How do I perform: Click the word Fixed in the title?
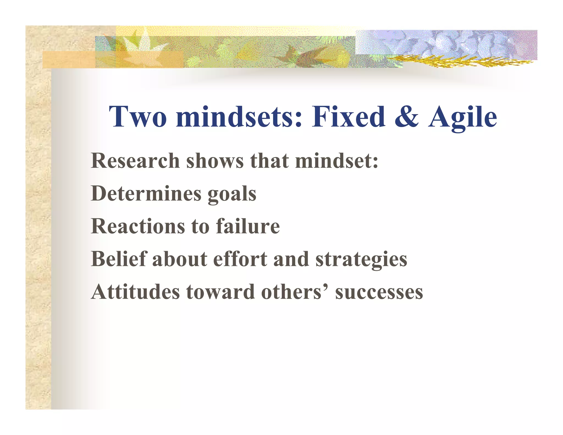[x=348, y=117]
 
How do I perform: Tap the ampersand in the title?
[x=407, y=117]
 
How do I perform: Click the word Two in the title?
[x=138, y=117]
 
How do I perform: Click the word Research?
[x=135, y=161]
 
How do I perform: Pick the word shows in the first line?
[x=215, y=161]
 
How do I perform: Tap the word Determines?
[x=146, y=193]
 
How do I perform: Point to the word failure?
[x=248, y=226]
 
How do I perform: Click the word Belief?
[x=119, y=259]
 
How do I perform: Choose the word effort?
[x=240, y=259]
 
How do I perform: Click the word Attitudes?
[x=136, y=292]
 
